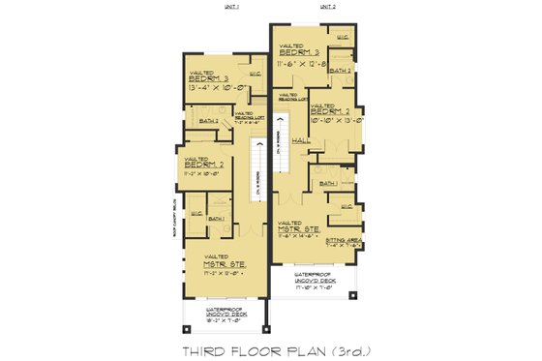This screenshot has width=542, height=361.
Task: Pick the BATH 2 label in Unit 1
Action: [208, 122]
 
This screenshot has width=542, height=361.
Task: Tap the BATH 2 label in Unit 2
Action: [339, 71]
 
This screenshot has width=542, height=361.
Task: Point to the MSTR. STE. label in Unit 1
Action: [224, 263]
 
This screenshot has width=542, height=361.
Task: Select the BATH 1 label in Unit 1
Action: [217, 219]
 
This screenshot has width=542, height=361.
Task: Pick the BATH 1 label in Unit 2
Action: [329, 182]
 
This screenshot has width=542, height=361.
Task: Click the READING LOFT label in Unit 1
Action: [243, 117]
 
